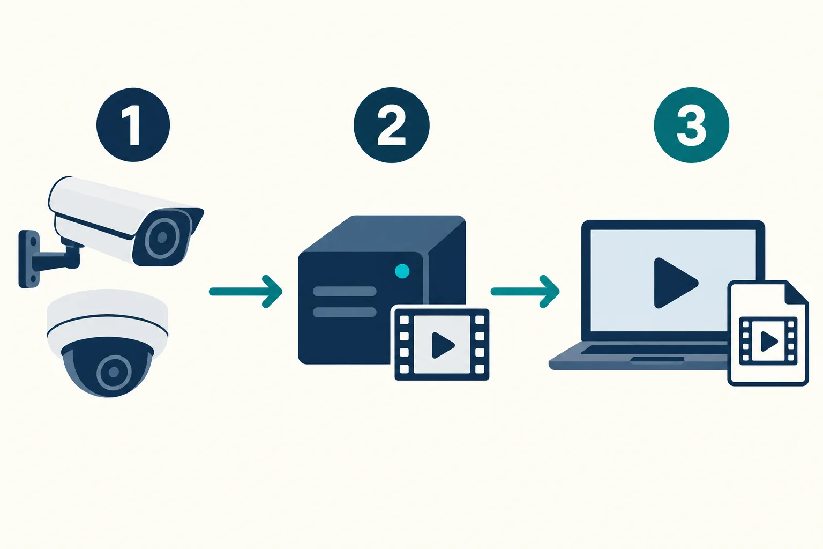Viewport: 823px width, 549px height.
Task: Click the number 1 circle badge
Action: point(133,125)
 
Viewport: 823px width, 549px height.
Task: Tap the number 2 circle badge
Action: point(391,125)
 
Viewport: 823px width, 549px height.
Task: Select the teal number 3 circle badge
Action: point(692,125)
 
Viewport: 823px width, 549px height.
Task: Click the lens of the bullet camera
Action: point(162,237)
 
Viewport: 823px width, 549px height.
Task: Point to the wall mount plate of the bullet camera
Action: point(29,259)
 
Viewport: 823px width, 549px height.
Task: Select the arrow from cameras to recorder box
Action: point(245,291)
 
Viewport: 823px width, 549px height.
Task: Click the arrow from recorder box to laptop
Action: point(525,291)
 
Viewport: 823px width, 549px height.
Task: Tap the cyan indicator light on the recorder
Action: point(402,271)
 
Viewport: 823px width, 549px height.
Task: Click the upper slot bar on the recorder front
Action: point(345,291)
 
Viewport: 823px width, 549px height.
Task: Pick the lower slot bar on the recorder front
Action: point(345,312)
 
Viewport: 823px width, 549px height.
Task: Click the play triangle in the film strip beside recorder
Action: point(442,345)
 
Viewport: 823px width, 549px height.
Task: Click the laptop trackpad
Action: point(657,359)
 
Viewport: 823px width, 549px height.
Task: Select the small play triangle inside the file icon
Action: point(769,341)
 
